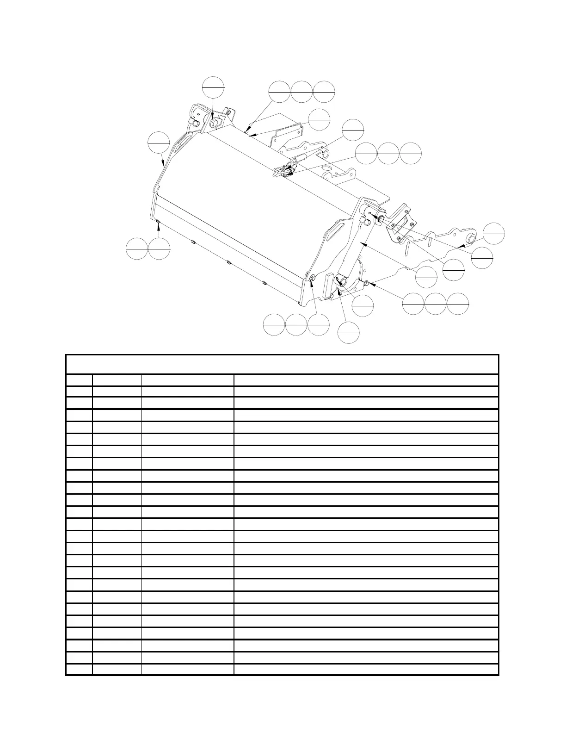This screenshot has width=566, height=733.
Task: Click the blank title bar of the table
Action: [282, 364]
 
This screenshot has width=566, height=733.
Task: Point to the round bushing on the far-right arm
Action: [471, 238]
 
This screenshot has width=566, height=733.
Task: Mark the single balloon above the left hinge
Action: [214, 87]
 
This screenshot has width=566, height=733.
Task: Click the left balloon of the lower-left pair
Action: [136, 248]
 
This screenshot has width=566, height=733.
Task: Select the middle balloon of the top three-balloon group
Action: [301, 92]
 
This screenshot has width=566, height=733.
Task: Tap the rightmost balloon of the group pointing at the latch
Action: [411, 153]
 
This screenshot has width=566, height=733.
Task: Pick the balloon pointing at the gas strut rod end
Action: [353, 130]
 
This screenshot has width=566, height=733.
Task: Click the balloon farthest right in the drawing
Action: [493, 233]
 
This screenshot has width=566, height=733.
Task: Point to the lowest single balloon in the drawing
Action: [349, 333]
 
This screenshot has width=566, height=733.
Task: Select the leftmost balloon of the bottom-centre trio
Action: [274, 324]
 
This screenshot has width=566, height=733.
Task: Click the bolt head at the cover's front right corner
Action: [313, 278]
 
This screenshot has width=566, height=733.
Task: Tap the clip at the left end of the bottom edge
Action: [158, 223]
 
